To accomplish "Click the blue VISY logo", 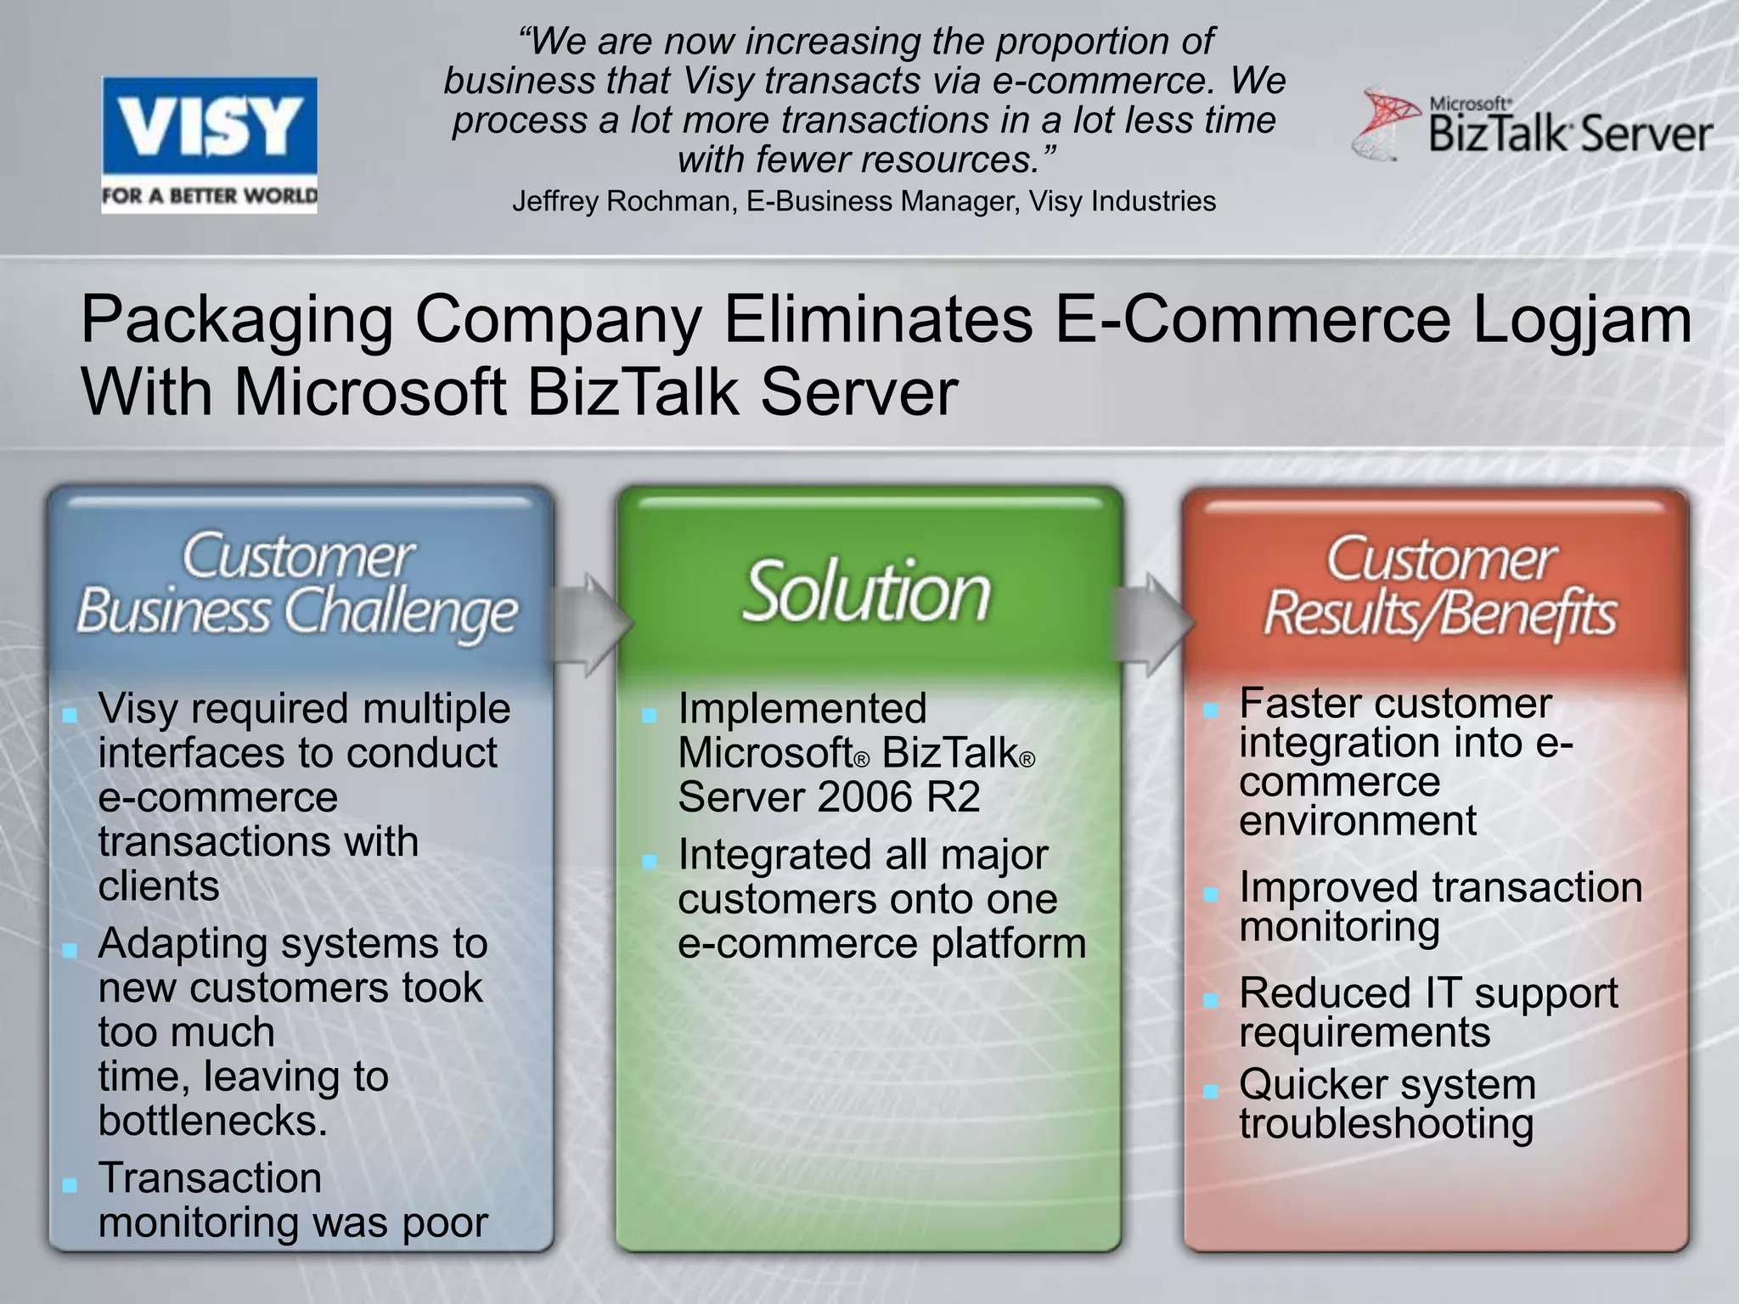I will [x=209, y=144].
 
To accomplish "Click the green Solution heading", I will [x=867, y=592].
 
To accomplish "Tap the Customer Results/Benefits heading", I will [x=1440, y=587].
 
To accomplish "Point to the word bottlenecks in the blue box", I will [x=212, y=1121].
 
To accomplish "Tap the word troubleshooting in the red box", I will [x=1386, y=1124].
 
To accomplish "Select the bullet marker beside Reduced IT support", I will [x=1211, y=1000].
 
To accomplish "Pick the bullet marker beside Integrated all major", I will [x=650, y=862].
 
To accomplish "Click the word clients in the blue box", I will [x=159, y=886].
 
